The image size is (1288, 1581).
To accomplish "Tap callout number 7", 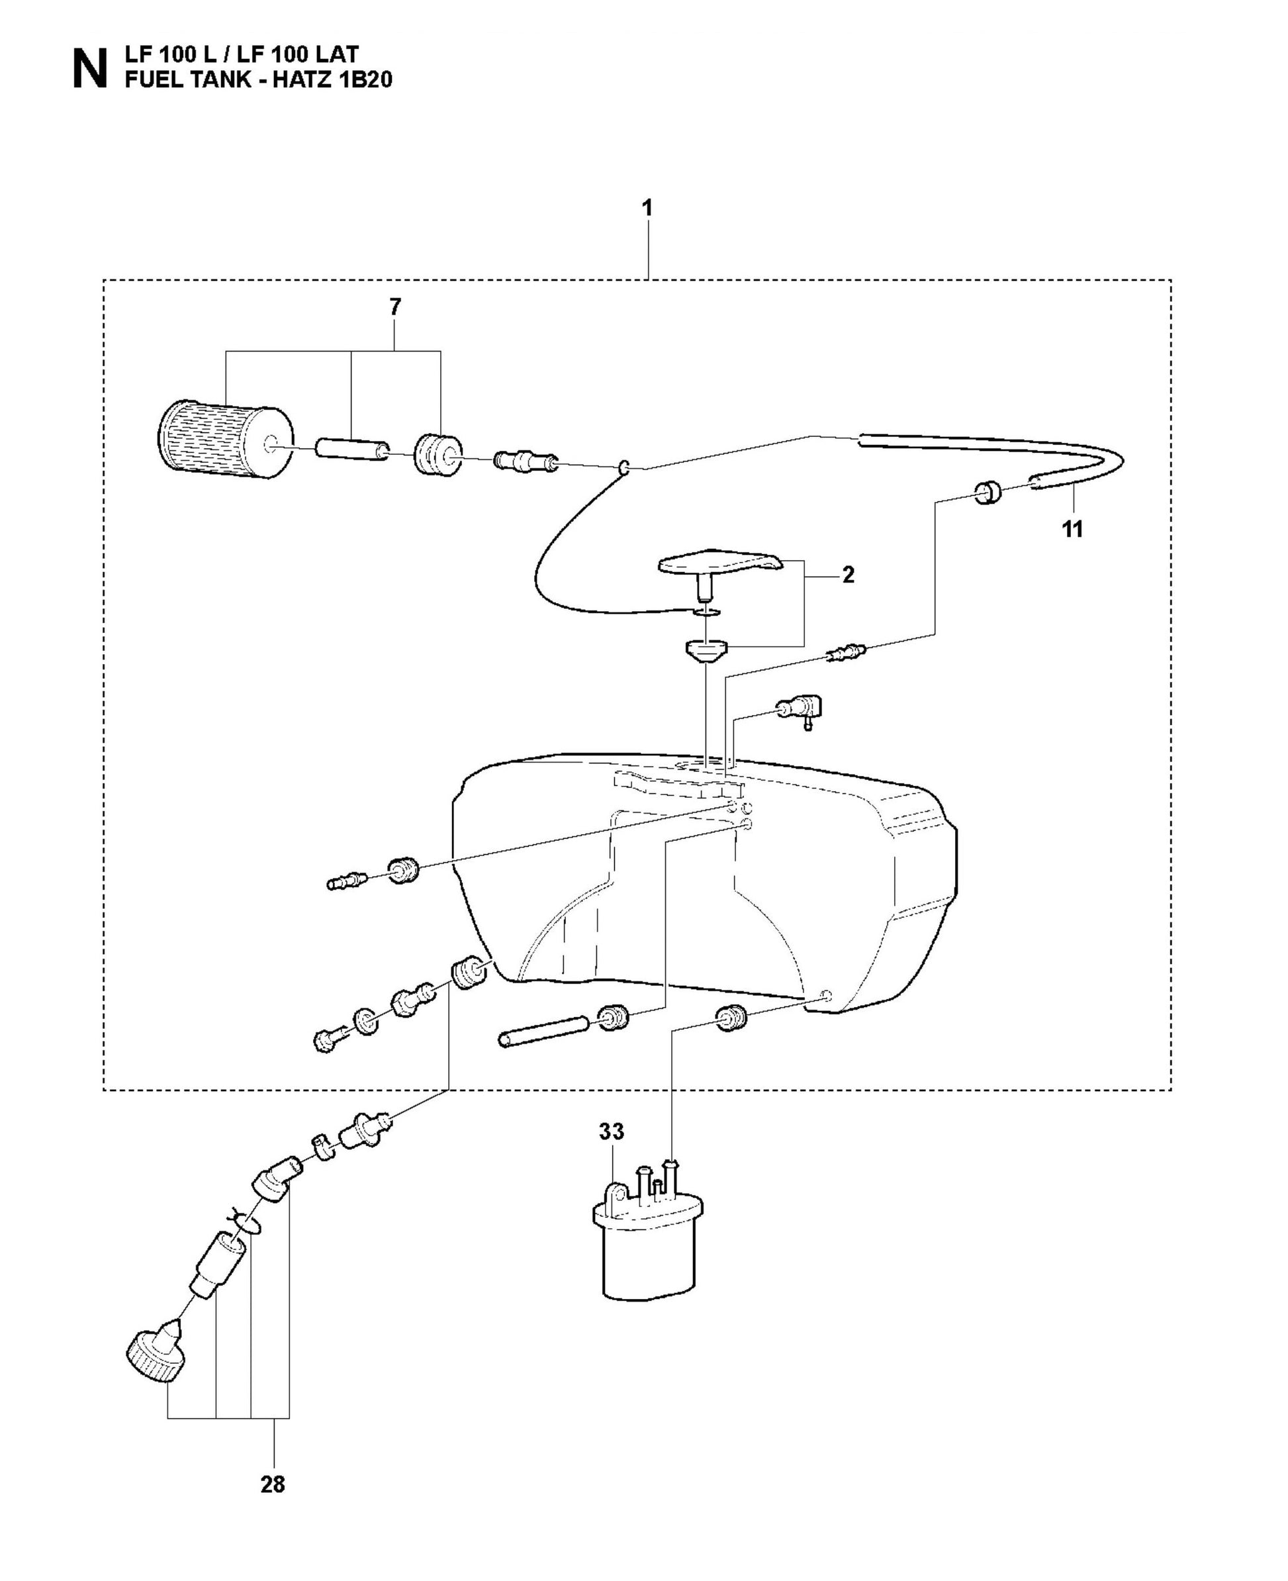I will tap(394, 307).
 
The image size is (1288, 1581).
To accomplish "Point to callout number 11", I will tap(1072, 529).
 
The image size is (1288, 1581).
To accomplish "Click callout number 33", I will tap(612, 1132).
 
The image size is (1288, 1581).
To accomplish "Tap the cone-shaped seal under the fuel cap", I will tap(705, 651).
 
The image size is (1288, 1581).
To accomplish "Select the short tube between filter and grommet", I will tap(354, 450).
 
